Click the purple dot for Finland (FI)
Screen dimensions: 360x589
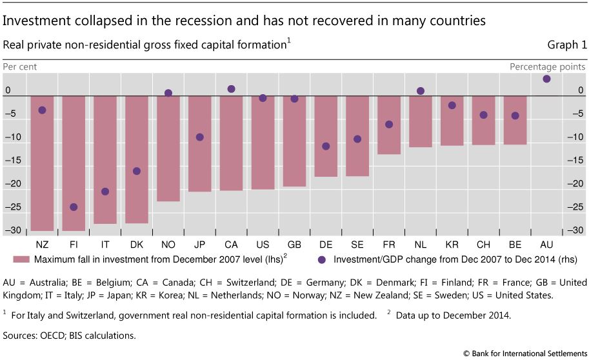tap(74, 207)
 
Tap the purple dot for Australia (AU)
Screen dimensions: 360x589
tap(546, 79)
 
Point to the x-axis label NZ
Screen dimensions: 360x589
tap(42, 245)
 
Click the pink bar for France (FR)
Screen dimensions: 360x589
tap(389, 125)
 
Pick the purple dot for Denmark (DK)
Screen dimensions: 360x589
tap(137, 171)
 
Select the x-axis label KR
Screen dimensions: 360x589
tap(452, 245)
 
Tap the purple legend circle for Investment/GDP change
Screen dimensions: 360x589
tap(323, 259)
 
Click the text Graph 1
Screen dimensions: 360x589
tap(567, 45)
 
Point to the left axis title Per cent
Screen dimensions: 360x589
tap(20, 66)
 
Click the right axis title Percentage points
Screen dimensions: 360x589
tap(548, 66)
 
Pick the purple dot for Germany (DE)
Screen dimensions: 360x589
tap(326, 146)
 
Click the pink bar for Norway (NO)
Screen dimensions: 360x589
tap(168, 148)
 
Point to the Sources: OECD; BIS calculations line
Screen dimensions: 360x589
tap(70, 335)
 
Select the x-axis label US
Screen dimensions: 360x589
tap(263, 245)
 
